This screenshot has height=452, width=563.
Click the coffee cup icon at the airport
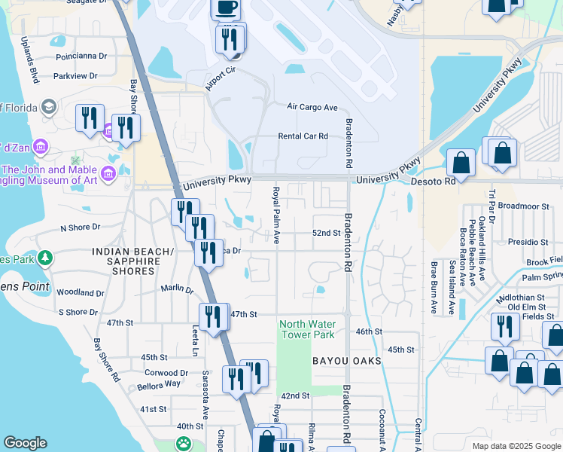225,8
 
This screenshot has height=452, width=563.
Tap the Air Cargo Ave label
312,107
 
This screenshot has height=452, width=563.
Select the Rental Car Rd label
303,136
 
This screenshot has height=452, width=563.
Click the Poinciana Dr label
82,56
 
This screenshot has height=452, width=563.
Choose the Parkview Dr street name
76,75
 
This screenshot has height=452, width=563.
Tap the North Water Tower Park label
306,329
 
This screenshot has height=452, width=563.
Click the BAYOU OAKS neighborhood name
347,362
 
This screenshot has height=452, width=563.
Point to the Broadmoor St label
524,206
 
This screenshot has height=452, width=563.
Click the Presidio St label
528,242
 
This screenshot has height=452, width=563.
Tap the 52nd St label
327,234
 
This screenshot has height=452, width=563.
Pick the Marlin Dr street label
177,289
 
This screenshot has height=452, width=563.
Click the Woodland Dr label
80,292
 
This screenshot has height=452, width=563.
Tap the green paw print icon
184,443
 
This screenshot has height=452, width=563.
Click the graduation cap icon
50,106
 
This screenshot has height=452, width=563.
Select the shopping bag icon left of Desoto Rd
461,163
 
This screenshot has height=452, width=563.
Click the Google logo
25,443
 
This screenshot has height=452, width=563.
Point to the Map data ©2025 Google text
516,446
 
